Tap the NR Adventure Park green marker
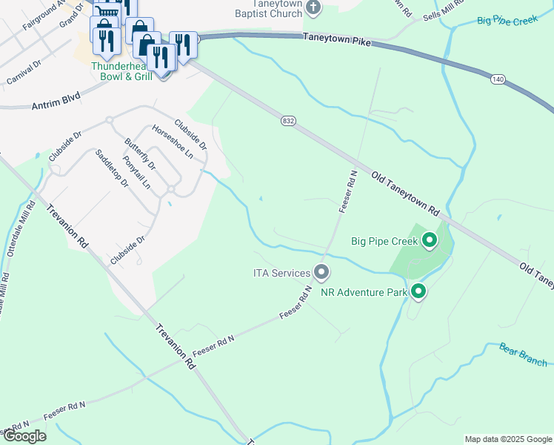pyautogui.click(x=418, y=291)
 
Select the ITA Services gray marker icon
pyautogui.click(x=321, y=273)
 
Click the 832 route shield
pyautogui.click(x=288, y=120)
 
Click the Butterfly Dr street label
pyautogui.click(x=140, y=154)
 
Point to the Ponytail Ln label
pyautogui.click(x=137, y=173)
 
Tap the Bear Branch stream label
pyautogui.click(x=523, y=354)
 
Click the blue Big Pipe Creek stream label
pyautogui.click(x=507, y=20)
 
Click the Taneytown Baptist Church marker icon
pyautogui.click(x=313, y=7)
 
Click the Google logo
pyautogui.click(x=24, y=436)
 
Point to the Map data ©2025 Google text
pyautogui.click(x=507, y=439)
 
